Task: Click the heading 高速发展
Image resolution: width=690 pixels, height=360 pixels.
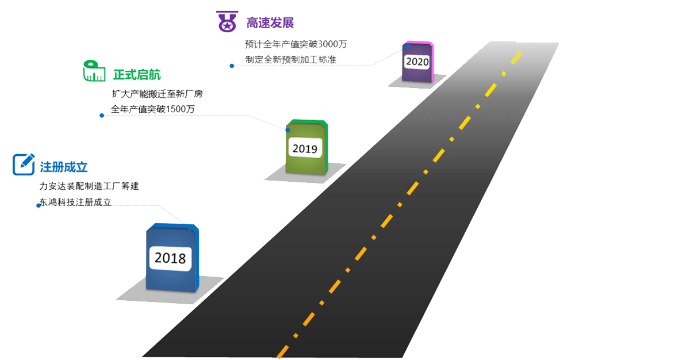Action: click(270, 23)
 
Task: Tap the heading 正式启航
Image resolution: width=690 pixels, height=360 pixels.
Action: click(137, 75)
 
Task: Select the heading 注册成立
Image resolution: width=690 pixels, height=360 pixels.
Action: click(63, 167)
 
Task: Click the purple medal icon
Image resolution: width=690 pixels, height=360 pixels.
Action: click(227, 21)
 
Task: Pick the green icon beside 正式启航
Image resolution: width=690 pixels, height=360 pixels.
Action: click(94, 70)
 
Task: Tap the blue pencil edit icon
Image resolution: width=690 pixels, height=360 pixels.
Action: click(24, 164)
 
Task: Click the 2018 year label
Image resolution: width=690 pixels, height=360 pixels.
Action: click(170, 258)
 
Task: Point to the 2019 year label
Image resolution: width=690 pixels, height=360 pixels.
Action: click(305, 148)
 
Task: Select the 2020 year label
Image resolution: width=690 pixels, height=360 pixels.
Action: click(417, 62)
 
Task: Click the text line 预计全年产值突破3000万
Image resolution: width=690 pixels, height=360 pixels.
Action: click(296, 44)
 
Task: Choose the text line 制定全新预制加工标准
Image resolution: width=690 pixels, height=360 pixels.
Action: click(290, 59)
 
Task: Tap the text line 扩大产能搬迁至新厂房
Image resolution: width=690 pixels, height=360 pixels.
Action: click(157, 94)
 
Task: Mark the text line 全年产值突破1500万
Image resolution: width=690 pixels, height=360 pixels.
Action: click(152, 109)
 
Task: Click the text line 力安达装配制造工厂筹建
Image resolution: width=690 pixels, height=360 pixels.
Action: click(89, 186)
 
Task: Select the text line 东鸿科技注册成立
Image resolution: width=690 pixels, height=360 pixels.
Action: click(75, 202)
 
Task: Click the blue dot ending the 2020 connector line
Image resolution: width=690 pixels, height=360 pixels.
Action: click(232, 66)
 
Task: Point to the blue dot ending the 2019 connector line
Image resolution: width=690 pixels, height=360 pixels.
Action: click(102, 115)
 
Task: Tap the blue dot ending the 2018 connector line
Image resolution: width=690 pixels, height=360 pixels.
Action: click(39, 205)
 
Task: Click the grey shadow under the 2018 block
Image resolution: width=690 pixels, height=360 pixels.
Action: click(132, 296)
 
